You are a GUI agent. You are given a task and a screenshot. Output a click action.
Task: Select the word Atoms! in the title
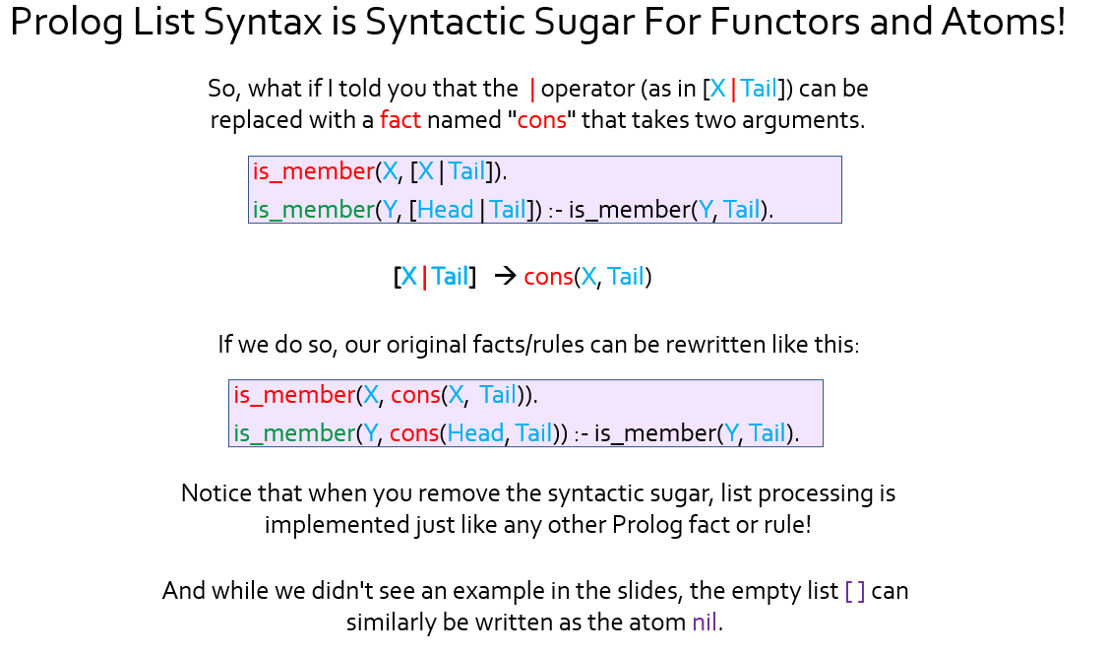(1003, 21)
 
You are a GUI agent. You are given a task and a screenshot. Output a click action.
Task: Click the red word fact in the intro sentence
(399, 120)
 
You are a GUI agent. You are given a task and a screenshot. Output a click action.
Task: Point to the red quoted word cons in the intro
(542, 120)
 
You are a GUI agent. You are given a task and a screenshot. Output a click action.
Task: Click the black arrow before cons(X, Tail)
(505, 275)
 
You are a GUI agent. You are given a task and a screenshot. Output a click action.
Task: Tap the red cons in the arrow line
(548, 277)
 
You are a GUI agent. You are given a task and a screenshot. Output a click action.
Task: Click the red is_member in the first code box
(314, 171)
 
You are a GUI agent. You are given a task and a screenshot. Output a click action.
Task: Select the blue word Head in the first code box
(445, 210)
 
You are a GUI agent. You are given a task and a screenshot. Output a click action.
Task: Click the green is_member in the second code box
(295, 432)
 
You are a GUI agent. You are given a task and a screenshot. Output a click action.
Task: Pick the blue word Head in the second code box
(475, 432)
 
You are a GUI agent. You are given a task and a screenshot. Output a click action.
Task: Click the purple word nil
(705, 622)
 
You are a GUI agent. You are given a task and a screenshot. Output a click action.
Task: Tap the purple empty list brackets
(855, 591)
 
